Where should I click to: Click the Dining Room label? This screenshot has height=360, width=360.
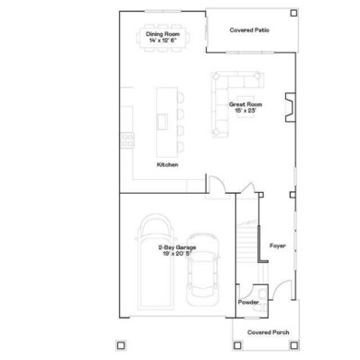162,34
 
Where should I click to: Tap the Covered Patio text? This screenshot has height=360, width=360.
249,30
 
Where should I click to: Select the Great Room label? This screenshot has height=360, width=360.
246,105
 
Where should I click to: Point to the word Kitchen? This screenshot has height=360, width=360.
167,164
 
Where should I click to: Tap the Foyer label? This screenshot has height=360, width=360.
278,246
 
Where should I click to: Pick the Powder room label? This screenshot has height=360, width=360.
248,302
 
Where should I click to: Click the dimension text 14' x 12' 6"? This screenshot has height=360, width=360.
162,42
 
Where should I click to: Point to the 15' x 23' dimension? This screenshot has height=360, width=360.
246,112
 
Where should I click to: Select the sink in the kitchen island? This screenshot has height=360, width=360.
162,121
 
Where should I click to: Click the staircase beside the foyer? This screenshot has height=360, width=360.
245,249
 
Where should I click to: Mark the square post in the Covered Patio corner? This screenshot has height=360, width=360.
293,15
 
